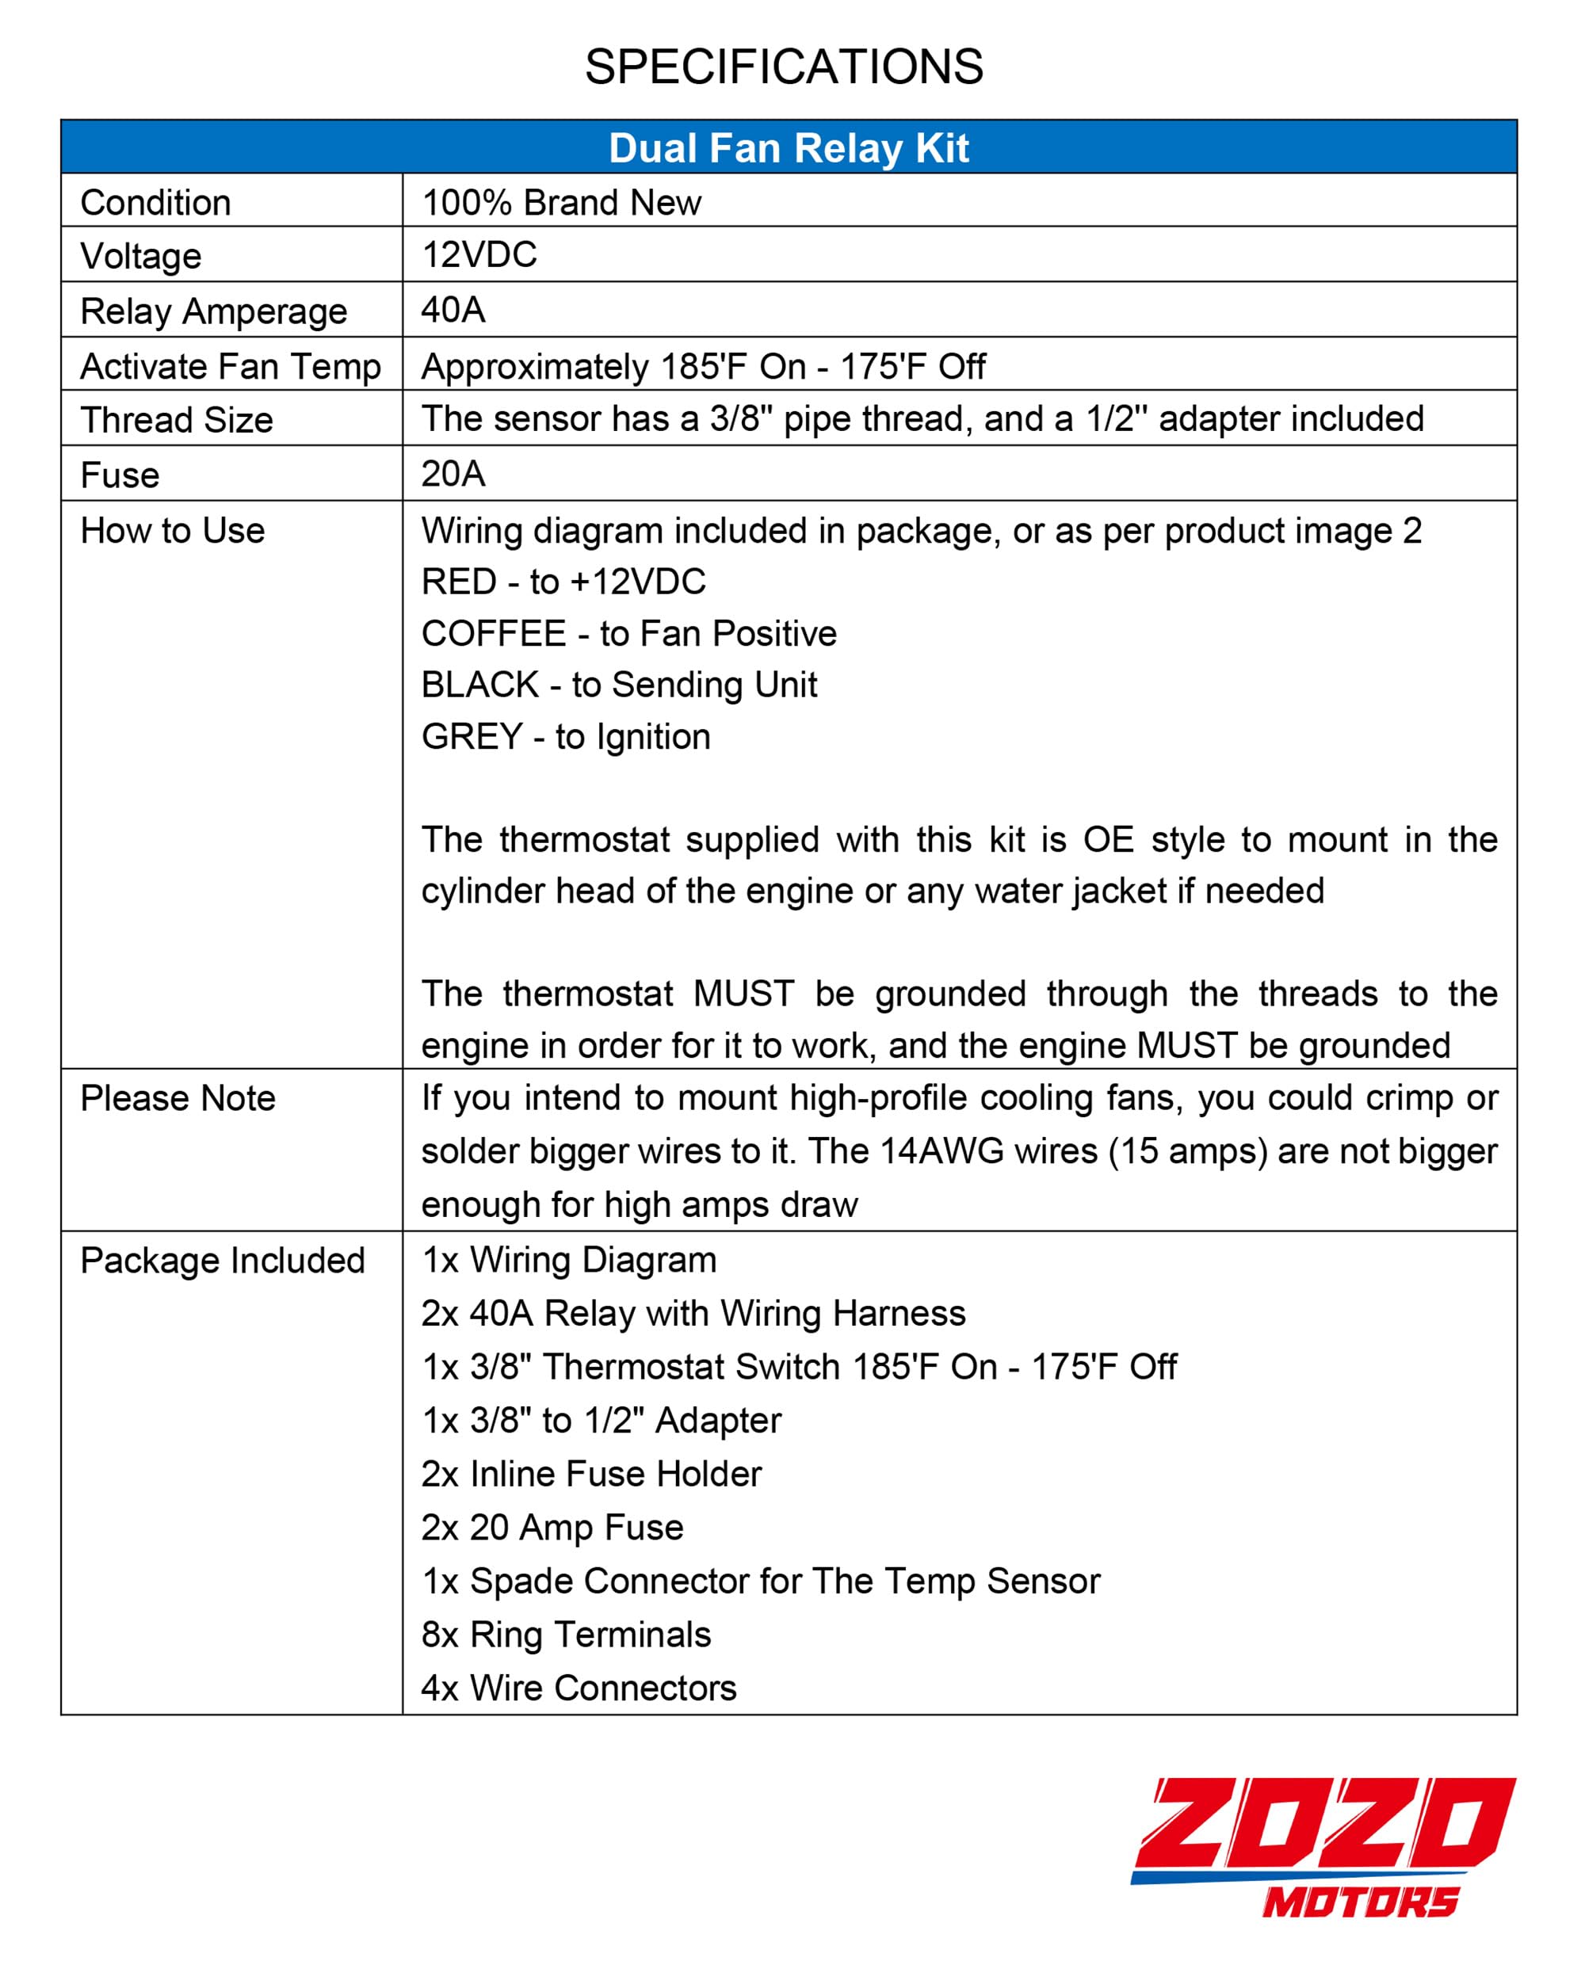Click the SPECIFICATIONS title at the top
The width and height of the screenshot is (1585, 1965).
pos(783,67)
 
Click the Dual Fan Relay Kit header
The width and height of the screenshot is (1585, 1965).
pos(788,148)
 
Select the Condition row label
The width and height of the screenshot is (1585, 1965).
pos(155,203)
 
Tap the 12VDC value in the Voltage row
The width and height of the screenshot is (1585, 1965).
pos(479,254)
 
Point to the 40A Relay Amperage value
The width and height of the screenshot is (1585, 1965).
pos(453,311)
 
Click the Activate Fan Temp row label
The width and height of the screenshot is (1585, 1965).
pos(230,366)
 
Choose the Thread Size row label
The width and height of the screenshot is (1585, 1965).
pos(176,420)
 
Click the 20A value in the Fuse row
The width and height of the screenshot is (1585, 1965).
pos(453,474)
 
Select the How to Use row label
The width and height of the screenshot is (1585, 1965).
pos(173,530)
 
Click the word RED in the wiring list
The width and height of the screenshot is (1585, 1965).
pos(457,582)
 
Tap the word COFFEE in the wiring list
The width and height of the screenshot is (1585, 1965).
pos(493,633)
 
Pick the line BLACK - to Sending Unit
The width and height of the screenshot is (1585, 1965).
pos(618,685)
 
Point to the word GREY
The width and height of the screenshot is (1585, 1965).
pos(471,737)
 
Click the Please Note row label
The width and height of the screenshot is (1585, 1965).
pos(178,1098)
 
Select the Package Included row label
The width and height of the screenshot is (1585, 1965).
pos(222,1261)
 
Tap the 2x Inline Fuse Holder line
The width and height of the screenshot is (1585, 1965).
pos(590,1474)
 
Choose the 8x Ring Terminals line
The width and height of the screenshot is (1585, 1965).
pos(565,1635)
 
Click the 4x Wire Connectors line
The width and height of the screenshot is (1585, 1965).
pos(578,1688)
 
